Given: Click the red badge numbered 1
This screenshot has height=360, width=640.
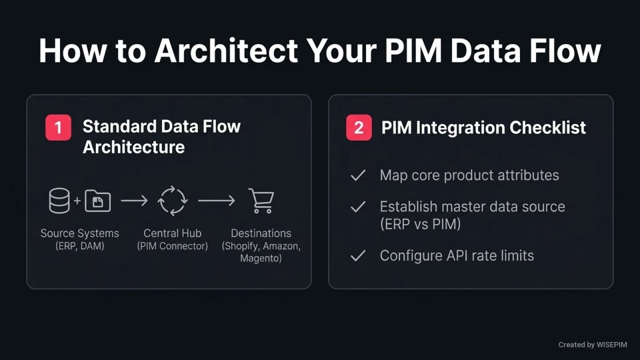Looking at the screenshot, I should [x=58, y=127].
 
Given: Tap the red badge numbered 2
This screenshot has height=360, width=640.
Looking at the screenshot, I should [x=359, y=127].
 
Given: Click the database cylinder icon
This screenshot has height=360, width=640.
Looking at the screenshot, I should [x=59, y=201].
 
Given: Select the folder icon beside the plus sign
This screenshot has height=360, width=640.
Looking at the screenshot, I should [x=97, y=201].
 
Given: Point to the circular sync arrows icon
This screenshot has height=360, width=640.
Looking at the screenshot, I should [x=173, y=201].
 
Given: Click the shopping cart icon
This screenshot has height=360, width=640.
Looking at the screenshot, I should [x=261, y=201].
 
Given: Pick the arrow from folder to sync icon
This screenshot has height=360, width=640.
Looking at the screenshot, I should [x=134, y=201].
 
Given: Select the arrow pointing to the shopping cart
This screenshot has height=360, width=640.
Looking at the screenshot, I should [x=216, y=201].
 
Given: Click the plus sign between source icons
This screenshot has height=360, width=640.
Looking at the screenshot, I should [x=77, y=201].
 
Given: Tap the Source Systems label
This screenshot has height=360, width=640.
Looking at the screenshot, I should [x=79, y=233].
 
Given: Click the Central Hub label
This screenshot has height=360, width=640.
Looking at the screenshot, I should [x=172, y=233].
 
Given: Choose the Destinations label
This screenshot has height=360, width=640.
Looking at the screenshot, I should [x=261, y=233].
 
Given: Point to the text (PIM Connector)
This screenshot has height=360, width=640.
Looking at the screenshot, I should [x=172, y=246].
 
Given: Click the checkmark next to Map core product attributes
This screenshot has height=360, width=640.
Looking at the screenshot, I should [x=358, y=175].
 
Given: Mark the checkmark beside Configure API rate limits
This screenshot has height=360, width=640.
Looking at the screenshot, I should [x=358, y=255].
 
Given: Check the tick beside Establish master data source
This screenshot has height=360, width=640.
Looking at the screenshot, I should [x=358, y=207].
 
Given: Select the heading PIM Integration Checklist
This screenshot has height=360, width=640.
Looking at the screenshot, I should [x=483, y=127].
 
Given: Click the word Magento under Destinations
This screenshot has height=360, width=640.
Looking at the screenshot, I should [x=261, y=258].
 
